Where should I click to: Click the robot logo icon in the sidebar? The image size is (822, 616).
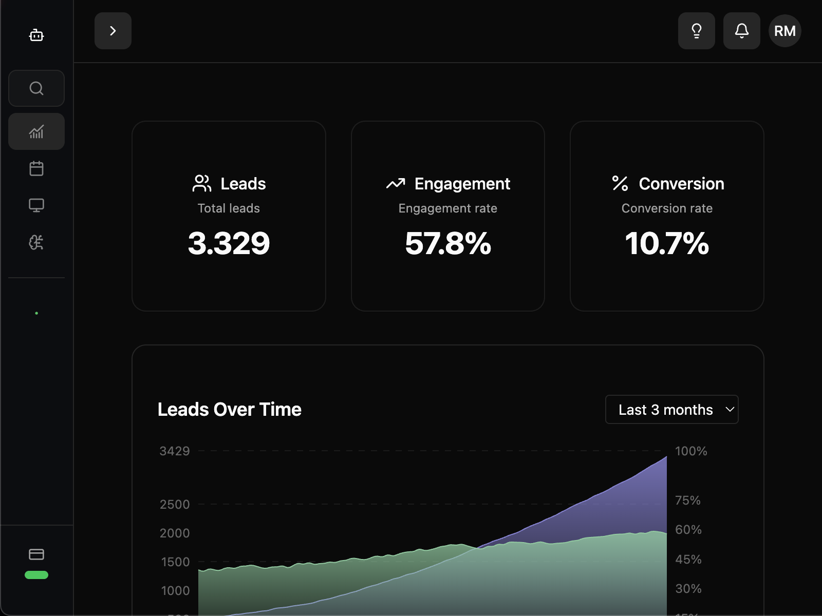click(x=36, y=35)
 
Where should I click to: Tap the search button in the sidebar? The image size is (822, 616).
click(x=36, y=88)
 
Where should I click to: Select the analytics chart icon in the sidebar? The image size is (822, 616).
click(x=36, y=131)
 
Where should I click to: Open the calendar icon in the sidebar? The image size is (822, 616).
click(x=36, y=168)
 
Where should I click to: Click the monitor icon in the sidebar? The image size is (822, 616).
click(x=36, y=205)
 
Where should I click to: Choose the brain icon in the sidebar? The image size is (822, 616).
click(x=36, y=242)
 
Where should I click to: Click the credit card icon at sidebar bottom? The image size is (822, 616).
click(x=36, y=554)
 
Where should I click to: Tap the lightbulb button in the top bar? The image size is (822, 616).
click(x=696, y=31)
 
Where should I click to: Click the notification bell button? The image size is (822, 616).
click(x=741, y=31)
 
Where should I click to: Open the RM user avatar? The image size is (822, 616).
click(x=784, y=31)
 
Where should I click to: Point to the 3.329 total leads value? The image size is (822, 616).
click(x=229, y=243)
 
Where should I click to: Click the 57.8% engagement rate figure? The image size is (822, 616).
click(x=447, y=243)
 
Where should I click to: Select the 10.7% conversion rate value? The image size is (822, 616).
click(x=667, y=243)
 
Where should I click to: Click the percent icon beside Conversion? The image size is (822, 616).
click(x=620, y=183)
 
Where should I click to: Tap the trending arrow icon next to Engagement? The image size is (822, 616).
click(x=396, y=183)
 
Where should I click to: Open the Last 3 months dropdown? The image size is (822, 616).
click(x=671, y=410)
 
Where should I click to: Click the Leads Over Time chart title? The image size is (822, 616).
click(x=229, y=410)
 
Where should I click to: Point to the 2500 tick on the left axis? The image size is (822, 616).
click(x=175, y=505)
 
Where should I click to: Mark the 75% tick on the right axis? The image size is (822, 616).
click(x=687, y=500)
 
